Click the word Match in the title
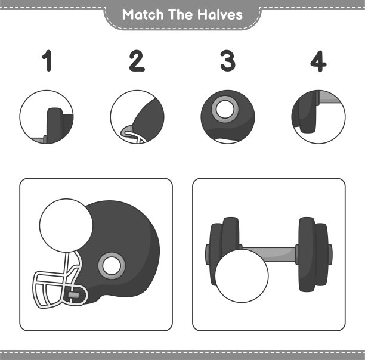[143, 15]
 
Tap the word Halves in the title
[220, 15]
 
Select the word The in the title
[181, 15]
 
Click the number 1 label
[47, 60]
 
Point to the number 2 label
[137, 60]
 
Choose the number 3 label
[228, 61]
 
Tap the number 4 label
[318, 61]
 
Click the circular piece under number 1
[47, 117]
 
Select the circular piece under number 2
[137, 117]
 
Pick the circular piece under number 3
[228, 117]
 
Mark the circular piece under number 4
[318, 117]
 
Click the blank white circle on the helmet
[66, 225]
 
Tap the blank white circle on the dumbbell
[242, 276]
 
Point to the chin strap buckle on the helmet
[74, 295]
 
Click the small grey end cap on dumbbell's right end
[330, 254]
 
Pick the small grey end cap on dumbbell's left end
[208, 254]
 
